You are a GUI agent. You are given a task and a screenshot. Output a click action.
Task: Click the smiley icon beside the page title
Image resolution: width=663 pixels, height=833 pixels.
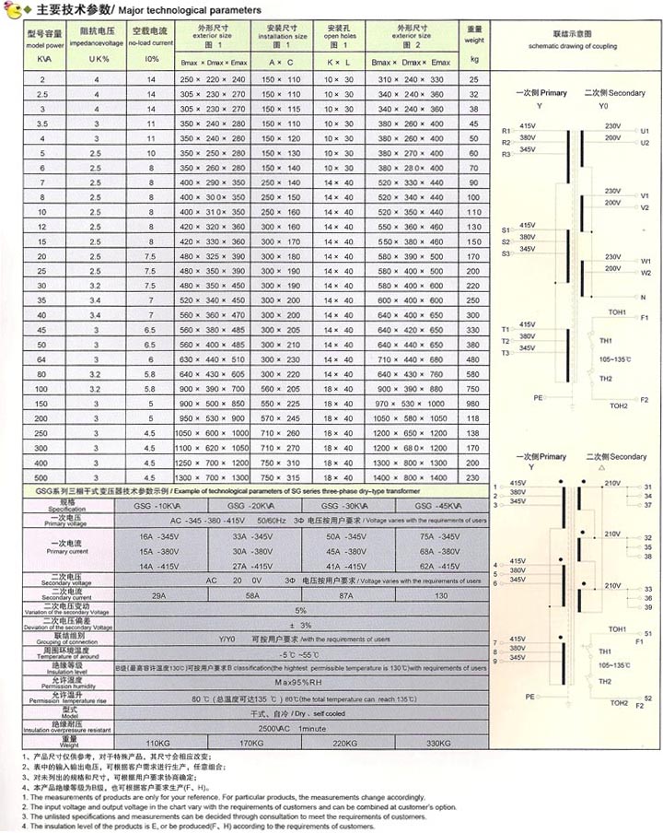[x=12, y=9]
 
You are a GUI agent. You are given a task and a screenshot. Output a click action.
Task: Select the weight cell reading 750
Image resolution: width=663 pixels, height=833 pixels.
[x=474, y=374]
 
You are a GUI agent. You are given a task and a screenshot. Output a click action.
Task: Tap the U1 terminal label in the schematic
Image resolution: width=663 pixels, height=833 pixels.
[x=644, y=130]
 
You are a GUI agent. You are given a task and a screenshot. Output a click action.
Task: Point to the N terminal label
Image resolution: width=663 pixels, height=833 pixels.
[x=643, y=297]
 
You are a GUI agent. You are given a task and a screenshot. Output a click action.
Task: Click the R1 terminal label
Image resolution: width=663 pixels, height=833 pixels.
[x=506, y=130]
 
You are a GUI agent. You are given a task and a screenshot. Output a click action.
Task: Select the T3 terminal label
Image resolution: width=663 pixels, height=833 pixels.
[x=506, y=353]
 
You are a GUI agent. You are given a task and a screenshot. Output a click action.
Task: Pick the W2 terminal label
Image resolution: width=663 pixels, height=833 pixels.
[x=645, y=273]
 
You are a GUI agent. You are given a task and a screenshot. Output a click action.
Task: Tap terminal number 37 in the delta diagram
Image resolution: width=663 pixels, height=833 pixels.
[x=647, y=505]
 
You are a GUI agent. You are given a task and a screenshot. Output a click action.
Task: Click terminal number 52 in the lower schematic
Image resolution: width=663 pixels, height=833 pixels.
[x=647, y=699]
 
